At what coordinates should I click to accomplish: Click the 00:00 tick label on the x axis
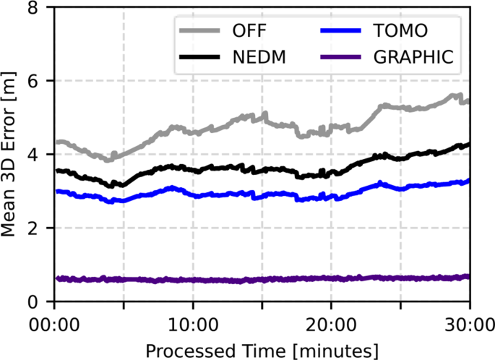54,322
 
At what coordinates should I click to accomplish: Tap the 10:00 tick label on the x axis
193,322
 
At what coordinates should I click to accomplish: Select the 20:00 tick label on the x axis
331,322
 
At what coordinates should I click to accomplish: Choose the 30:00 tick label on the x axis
468,322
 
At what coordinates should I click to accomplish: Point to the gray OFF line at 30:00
468,101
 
